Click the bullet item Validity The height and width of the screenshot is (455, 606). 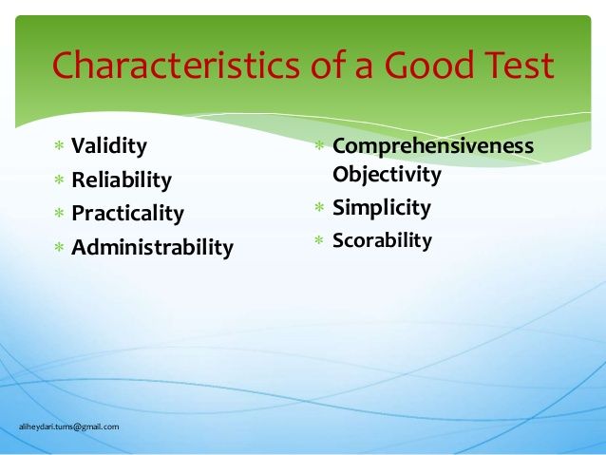109,146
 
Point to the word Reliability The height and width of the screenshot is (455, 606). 122,180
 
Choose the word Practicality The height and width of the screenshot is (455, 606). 128,213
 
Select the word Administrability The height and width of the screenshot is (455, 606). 152,248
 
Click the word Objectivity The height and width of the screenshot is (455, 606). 387,175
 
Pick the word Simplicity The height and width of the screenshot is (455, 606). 381,208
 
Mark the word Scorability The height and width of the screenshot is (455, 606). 382,241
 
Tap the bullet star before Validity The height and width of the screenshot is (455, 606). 59,147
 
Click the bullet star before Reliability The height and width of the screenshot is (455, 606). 59,180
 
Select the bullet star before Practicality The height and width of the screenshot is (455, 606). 59,214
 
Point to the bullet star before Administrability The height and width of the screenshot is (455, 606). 59,249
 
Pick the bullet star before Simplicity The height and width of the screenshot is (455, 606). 320,209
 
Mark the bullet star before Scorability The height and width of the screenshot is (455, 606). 320,242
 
